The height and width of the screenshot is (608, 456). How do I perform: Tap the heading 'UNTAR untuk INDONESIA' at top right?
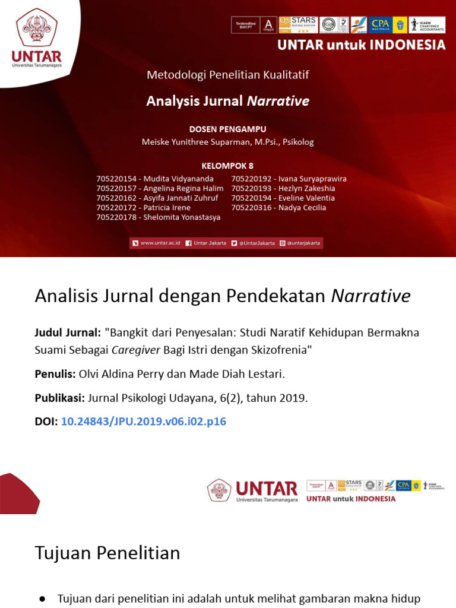click(x=361, y=45)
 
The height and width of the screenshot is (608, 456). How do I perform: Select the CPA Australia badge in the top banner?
click(x=380, y=24)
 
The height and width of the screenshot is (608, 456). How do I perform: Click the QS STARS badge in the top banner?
click(x=297, y=24)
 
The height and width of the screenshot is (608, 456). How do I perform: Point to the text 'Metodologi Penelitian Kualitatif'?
click(x=228, y=75)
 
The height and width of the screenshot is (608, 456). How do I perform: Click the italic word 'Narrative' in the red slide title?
click(x=278, y=101)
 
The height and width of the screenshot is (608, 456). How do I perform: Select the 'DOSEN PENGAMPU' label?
click(x=227, y=129)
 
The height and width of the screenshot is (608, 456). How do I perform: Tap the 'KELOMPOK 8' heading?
click(x=227, y=166)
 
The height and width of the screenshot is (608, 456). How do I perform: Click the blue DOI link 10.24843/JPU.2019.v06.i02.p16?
click(x=143, y=422)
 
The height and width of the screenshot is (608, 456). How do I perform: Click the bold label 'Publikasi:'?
click(x=59, y=398)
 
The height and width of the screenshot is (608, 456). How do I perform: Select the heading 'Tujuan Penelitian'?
click(x=107, y=553)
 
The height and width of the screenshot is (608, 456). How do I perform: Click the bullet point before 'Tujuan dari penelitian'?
click(x=42, y=598)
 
